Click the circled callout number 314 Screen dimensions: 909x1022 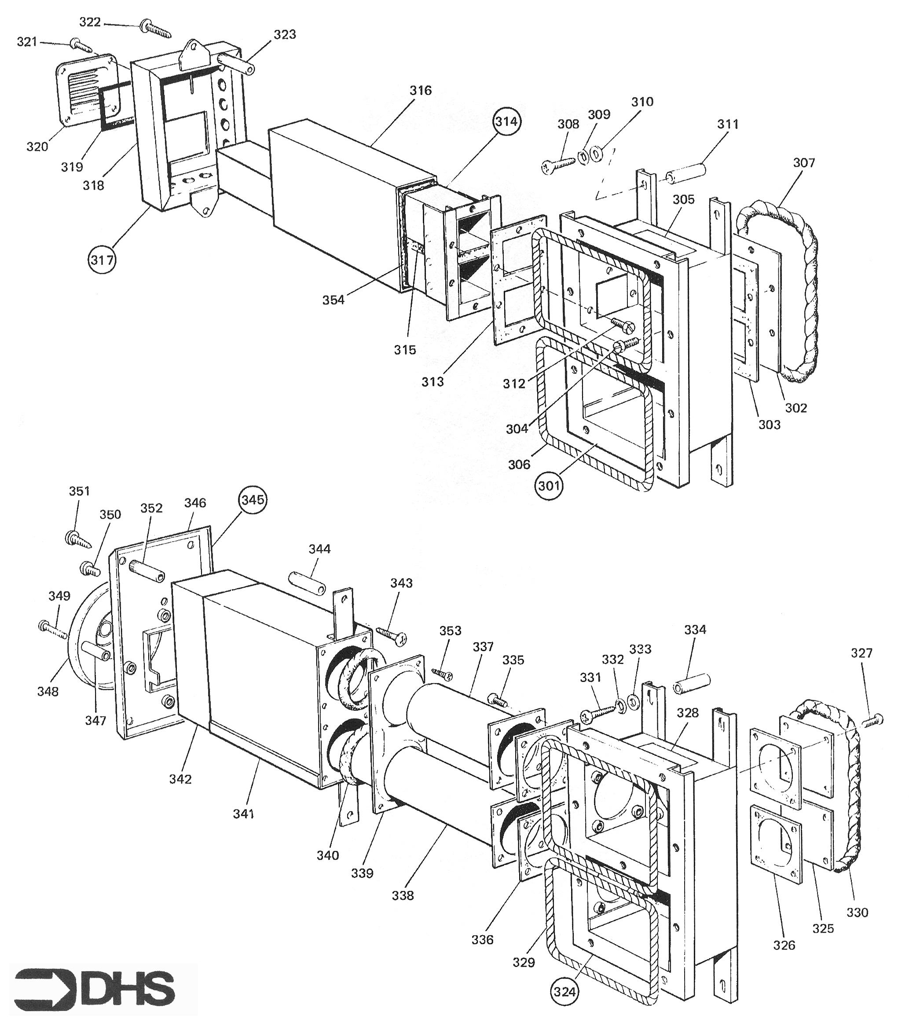coord(507,121)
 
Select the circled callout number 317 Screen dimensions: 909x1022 coord(102,260)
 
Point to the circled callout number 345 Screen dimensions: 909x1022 coord(253,499)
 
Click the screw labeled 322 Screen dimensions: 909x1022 coord(156,29)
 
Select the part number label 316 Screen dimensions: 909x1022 coord(421,91)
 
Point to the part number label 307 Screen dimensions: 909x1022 coord(803,162)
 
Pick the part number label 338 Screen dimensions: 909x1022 coord(403,895)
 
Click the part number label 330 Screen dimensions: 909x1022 coord(857,912)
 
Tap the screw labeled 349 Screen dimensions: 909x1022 coord(52,630)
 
